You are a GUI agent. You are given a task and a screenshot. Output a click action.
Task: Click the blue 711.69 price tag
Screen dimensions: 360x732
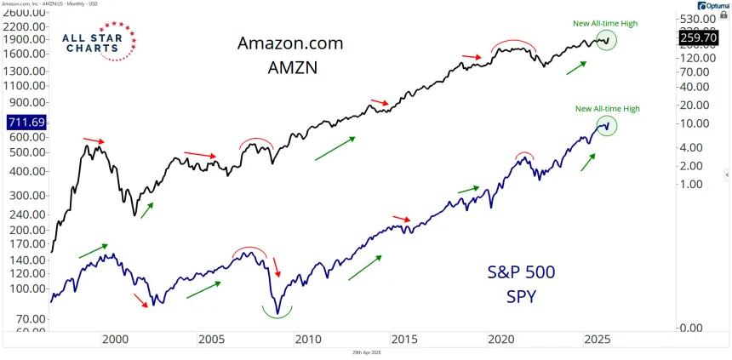(26, 123)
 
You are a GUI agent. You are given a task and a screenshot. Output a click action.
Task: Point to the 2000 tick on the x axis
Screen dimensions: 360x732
(115, 339)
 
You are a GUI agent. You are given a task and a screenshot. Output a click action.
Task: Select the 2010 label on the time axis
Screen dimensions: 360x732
(307, 339)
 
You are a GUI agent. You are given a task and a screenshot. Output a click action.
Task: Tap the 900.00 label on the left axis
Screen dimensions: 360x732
(28, 105)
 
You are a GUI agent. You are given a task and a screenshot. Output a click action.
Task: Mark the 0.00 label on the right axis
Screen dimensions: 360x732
(691, 328)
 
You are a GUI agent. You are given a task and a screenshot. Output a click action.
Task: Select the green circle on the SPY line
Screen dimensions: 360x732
(606, 126)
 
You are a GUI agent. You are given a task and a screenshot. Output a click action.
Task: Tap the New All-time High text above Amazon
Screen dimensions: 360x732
(606, 23)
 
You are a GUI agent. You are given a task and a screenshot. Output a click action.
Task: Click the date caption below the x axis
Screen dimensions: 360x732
(365, 352)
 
